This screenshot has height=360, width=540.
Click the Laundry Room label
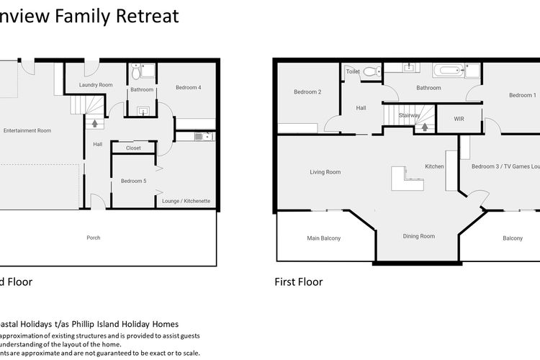[96, 85]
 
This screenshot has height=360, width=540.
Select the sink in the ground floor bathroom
[142, 111]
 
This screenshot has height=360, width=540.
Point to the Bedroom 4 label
[188, 88]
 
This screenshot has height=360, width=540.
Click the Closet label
[133, 148]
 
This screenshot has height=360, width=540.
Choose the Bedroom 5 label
[133, 181]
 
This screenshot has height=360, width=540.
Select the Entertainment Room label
[27, 130]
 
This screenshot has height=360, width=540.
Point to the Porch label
[94, 238]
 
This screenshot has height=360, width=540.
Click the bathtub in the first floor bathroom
[447, 71]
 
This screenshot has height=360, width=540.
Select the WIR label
[459, 118]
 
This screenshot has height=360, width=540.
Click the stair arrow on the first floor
[423, 127]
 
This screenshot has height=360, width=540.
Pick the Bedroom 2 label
[307, 91]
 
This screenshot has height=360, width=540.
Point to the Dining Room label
[418, 236]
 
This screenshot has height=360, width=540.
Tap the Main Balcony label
[324, 238]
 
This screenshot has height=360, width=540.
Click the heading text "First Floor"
[299, 282]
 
